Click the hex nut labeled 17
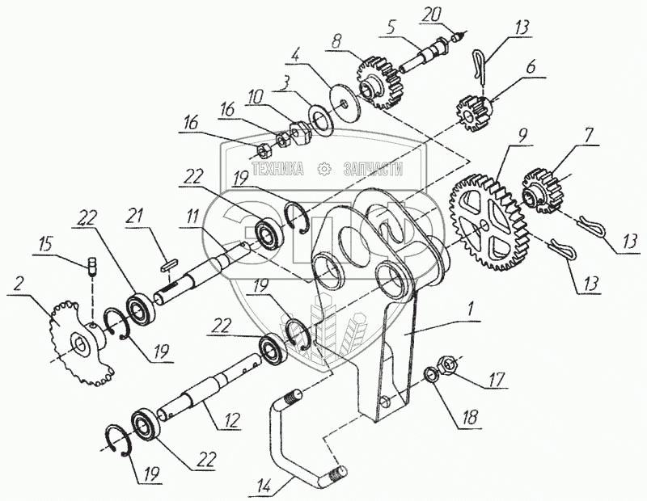[x=450, y=364]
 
